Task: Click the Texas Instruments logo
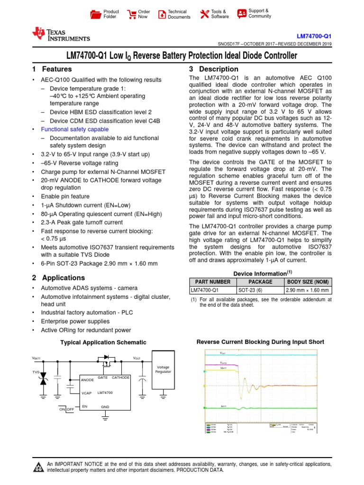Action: tap(61, 34)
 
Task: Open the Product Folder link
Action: tap(105, 14)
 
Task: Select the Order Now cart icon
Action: tap(132, 14)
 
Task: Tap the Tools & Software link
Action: tap(214, 14)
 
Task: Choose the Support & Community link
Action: tap(254, 13)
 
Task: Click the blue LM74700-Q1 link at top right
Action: tap(314, 36)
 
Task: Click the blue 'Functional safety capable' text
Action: tap(75, 129)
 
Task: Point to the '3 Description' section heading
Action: tap(213, 69)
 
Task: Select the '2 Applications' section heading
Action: tap(58, 278)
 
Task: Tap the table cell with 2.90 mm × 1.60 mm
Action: tap(308, 290)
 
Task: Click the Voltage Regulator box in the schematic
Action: tap(163, 370)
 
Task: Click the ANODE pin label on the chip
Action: tap(88, 380)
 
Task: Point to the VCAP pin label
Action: tap(86, 393)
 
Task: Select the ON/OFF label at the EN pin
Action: tap(66, 409)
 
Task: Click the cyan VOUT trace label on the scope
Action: tap(223, 354)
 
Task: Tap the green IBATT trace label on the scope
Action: tap(223, 406)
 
